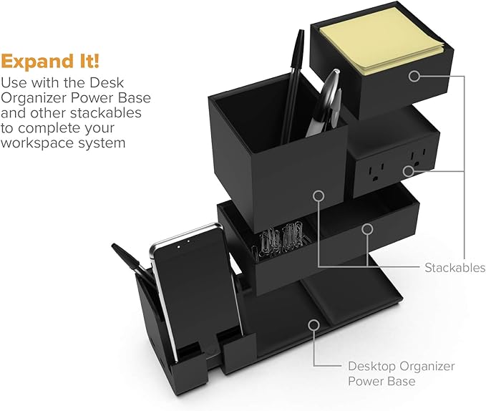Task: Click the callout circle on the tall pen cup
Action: [319, 194]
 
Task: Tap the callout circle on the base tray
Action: [313, 324]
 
